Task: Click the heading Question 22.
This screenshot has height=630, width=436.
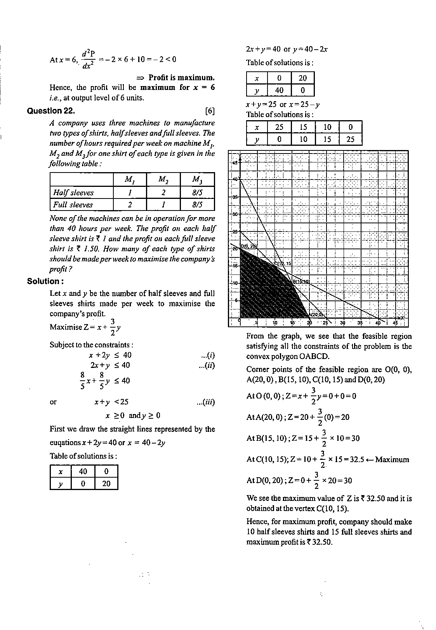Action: pyautogui.click(x=51, y=111)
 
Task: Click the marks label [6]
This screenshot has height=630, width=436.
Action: pyautogui.click(x=210, y=111)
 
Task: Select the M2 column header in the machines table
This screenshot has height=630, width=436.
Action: pyautogui.click(x=163, y=180)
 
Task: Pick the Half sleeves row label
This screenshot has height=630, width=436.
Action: pyautogui.click(x=73, y=193)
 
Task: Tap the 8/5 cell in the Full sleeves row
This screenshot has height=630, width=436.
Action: pyautogui.click(x=197, y=205)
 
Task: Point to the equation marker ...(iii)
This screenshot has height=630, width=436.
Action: pyautogui.click(x=206, y=402)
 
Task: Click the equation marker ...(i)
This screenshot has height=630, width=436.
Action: pyautogui.click(x=208, y=355)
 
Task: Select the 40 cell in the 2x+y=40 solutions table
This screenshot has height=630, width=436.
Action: pyautogui.click(x=279, y=90)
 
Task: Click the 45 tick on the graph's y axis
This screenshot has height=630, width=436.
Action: pyautogui.click(x=235, y=163)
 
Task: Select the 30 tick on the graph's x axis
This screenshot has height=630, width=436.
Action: pyautogui.click(x=342, y=323)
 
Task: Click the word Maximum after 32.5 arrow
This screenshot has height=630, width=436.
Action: pyautogui.click(x=392, y=460)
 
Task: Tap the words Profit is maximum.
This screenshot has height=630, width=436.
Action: pyautogui.click(x=181, y=78)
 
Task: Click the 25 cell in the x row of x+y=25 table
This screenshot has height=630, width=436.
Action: pyautogui.click(x=279, y=127)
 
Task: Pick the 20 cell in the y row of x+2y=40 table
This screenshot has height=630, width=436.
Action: pyautogui.click(x=106, y=483)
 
